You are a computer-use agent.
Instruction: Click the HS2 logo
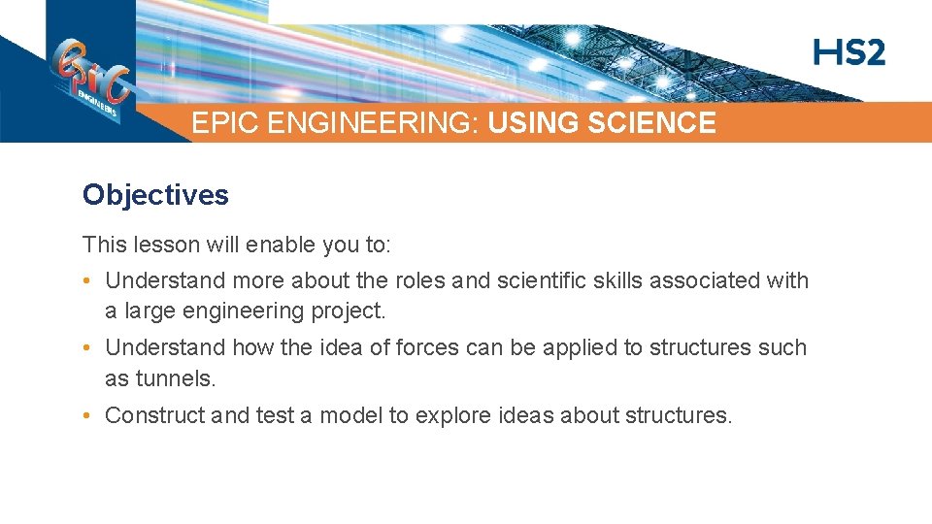(849, 52)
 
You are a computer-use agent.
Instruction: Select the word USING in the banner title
(531, 123)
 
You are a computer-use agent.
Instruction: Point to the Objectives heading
(155, 195)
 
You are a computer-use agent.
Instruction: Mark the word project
(352, 311)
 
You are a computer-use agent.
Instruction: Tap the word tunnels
(177, 378)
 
